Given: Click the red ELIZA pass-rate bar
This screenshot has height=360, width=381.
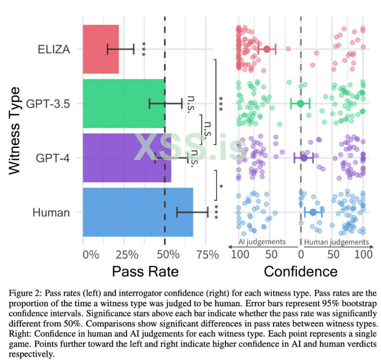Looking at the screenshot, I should [x=101, y=49].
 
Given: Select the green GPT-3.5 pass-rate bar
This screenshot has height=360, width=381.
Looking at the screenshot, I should [x=124, y=103].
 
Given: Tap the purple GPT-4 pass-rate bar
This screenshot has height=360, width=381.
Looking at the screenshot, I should [x=127, y=158].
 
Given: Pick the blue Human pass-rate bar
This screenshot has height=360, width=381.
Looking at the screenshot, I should [x=138, y=212].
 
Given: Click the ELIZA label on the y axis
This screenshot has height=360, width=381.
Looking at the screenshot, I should [x=54, y=49].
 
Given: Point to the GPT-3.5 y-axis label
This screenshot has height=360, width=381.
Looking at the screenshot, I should [x=48, y=103].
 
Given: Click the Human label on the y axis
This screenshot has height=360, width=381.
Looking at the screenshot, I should [x=51, y=212].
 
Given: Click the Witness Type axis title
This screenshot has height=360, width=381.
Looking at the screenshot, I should [x=15, y=130].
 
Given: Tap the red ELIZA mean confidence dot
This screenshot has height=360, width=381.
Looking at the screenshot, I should [x=267, y=49].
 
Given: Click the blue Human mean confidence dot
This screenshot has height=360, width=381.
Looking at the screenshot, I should [x=313, y=212].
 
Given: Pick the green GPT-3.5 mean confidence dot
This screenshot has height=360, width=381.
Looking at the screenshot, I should [x=300, y=103].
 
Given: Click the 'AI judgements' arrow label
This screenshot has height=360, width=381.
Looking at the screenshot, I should [x=262, y=242].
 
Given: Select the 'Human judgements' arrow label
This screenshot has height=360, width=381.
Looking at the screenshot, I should [x=337, y=242].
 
